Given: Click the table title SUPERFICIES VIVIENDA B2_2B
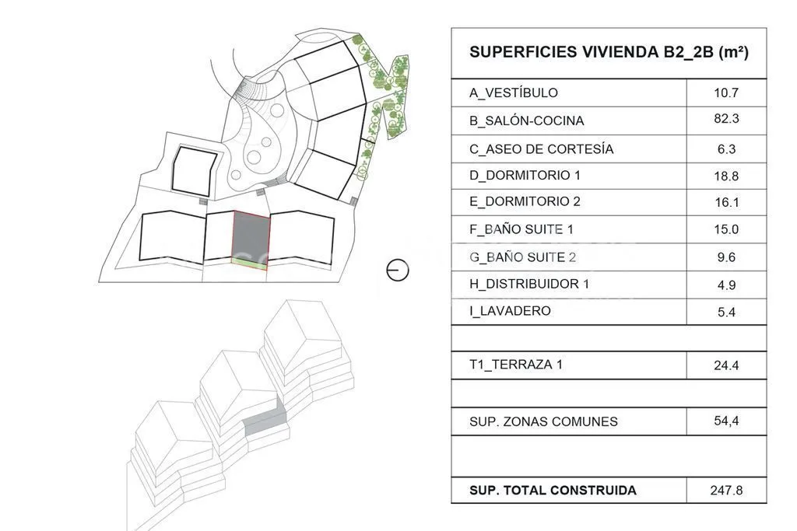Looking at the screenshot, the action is pyautogui.click(x=609, y=52).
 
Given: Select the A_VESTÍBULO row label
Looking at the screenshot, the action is pyautogui.click(x=514, y=93).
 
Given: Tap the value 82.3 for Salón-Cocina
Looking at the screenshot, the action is pyautogui.click(x=726, y=119).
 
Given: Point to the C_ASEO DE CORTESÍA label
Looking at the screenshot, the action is pyautogui.click(x=542, y=149).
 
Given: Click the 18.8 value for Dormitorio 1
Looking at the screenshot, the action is pyautogui.click(x=726, y=176).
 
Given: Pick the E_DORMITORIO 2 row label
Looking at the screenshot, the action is pyautogui.click(x=525, y=201).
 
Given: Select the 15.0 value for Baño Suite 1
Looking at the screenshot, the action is pyautogui.click(x=726, y=229).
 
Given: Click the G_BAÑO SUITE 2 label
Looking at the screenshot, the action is pyautogui.click(x=522, y=257).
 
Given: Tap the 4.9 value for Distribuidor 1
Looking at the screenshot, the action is pyautogui.click(x=726, y=285).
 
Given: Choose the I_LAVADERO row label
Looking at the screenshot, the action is pyautogui.click(x=510, y=311).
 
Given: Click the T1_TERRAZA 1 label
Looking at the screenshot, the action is pyautogui.click(x=516, y=365).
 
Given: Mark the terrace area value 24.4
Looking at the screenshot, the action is pyautogui.click(x=726, y=365).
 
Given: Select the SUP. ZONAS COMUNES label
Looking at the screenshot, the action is pyautogui.click(x=543, y=422).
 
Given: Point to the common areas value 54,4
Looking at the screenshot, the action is pyautogui.click(x=726, y=421).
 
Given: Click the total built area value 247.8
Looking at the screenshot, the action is pyautogui.click(x=726, y=491).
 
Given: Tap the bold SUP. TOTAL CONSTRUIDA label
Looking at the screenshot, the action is pyautogui.click(x=553, y=491).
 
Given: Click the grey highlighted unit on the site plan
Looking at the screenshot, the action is pyautogui.click(x=251, y=236).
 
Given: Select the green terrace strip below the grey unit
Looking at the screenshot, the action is pyautogui.click(x=249, y=262).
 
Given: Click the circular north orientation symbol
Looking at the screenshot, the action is pyautogui.click(x=398, y=270).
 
